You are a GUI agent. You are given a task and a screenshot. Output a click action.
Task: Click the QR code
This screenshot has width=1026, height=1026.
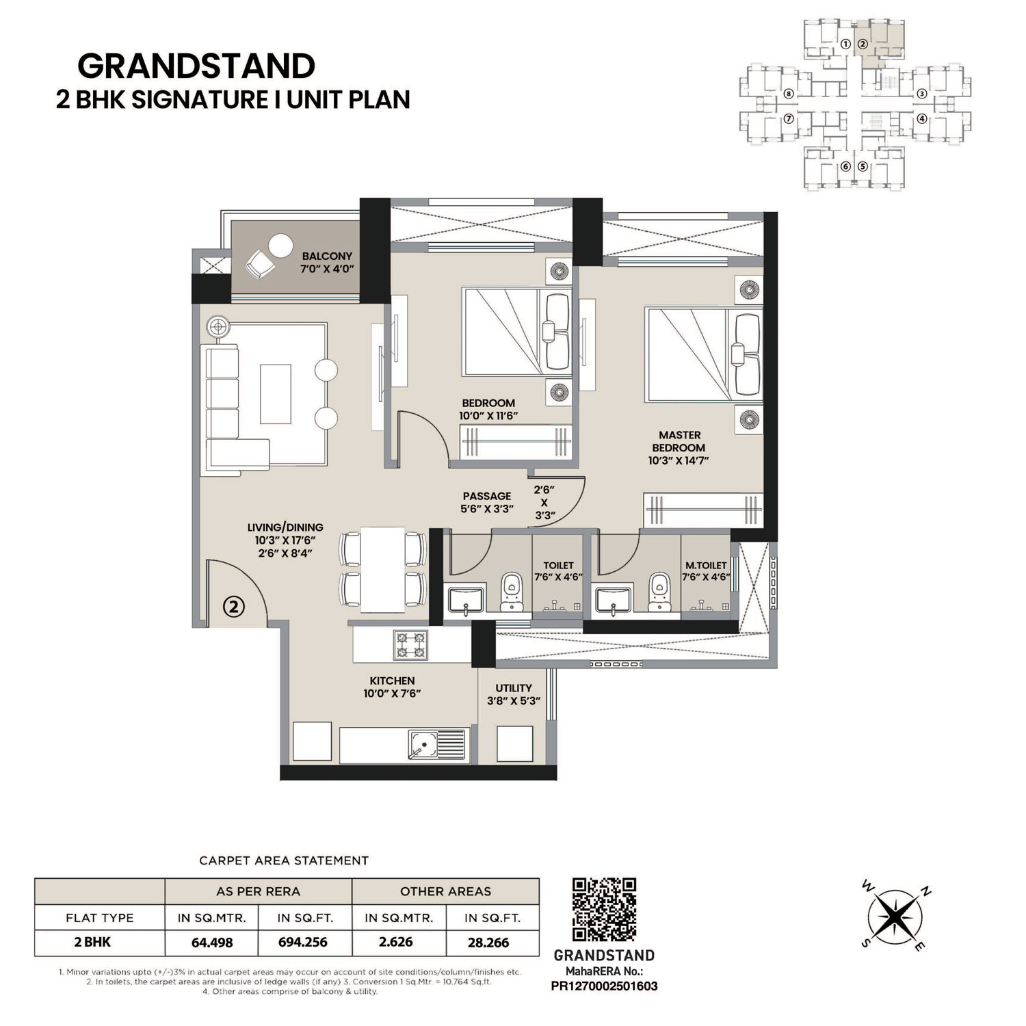[604, 910]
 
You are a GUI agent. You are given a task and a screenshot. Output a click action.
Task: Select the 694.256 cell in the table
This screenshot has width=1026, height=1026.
[302, 942]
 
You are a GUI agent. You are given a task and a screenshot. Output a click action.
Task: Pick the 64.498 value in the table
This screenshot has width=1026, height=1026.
[212, 942]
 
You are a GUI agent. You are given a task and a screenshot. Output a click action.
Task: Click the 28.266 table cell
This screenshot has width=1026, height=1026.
[488, 942]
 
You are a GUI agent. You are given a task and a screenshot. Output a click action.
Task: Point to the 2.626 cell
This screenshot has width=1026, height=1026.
[396, 942]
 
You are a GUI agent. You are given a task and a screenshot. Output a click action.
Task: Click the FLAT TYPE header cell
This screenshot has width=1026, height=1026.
[100, 918]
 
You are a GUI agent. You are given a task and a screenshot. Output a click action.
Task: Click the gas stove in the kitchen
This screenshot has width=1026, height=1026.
[410, 645]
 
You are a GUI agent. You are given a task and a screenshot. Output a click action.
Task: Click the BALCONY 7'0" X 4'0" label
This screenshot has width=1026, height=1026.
[328, 262]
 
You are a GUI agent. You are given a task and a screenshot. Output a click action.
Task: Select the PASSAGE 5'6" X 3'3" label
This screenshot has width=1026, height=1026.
[487, 502]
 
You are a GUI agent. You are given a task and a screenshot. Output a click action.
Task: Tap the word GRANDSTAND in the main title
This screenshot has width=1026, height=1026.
[196, 66]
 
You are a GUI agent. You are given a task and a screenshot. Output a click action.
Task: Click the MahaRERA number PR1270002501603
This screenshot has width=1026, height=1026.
[604, 986]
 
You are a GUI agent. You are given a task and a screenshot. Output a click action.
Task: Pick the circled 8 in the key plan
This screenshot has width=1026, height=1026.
[789, 94]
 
